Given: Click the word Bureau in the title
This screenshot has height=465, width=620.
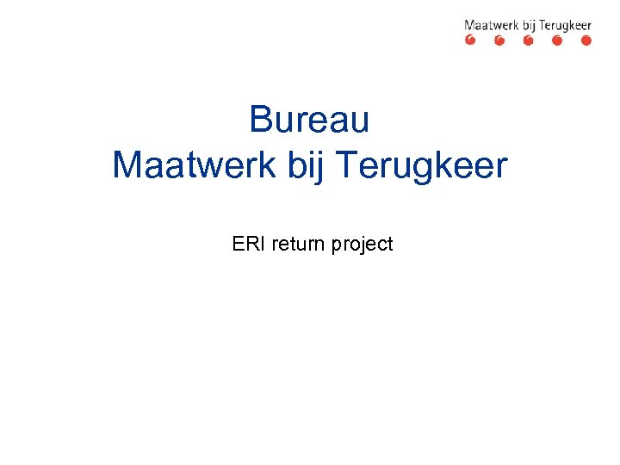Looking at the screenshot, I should pos(309,120).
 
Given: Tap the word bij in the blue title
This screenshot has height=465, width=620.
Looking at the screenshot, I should pos(301,165).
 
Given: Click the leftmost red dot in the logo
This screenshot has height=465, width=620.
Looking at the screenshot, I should pos(470,40).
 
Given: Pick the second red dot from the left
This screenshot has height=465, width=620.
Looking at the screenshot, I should pos(499,40).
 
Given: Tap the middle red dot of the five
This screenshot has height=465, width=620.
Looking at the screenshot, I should pos(528,40).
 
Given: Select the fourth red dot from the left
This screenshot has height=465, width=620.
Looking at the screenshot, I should pos(557,40).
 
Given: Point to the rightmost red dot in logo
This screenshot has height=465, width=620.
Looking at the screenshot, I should pos(586,40).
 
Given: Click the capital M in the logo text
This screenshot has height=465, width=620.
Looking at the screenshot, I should pos(470,26).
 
